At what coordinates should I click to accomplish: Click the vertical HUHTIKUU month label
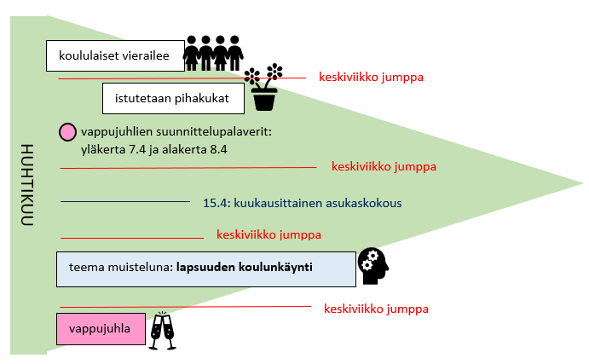27,185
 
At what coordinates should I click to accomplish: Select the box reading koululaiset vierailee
115,56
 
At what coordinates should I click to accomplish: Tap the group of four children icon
213,53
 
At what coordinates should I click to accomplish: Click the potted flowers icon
263,87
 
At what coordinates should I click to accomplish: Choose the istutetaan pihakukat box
173,98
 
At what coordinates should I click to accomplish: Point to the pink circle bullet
67,132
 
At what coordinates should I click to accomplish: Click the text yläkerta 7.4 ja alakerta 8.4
154,149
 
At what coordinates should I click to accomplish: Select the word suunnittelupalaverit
213,132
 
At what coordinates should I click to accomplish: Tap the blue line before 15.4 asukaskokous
125,202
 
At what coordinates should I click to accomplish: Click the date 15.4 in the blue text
216,203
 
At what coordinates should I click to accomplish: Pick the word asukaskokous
364,203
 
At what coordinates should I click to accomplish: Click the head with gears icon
373,266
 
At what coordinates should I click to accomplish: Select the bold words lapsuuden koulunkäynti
244,267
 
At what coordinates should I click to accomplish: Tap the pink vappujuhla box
101,329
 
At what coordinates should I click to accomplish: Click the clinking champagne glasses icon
162,331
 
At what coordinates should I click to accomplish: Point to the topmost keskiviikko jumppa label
371,77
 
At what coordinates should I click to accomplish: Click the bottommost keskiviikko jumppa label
376,309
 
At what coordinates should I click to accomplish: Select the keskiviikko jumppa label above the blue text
384,166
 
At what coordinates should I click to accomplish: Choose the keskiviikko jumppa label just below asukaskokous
269,234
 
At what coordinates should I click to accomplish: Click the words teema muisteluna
121,268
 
